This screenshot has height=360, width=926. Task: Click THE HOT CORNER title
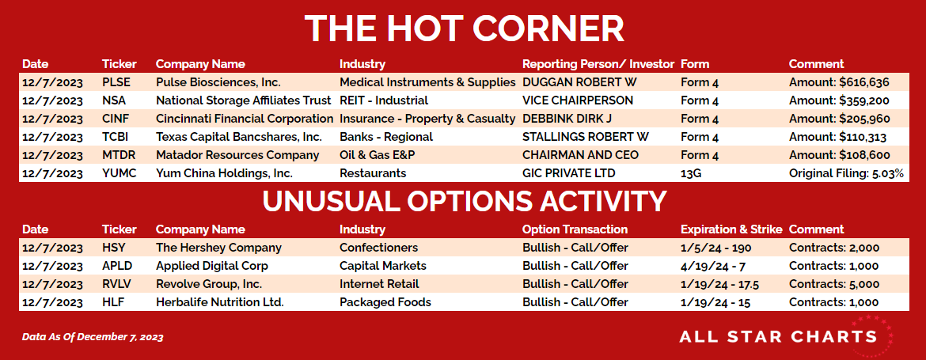464,27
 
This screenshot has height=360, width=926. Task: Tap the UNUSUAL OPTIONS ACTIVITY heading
464,201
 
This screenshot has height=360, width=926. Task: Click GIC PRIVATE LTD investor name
569,173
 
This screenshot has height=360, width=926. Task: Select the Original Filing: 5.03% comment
846,173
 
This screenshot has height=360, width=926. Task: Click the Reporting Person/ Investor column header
598,64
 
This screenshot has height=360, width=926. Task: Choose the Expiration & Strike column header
732,229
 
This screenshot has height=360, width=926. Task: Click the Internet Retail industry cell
379,284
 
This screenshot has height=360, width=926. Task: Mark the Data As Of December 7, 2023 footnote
93,337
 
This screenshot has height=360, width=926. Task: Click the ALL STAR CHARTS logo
785,336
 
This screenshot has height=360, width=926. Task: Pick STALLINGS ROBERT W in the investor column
586,137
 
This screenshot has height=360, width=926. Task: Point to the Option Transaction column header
575,229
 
